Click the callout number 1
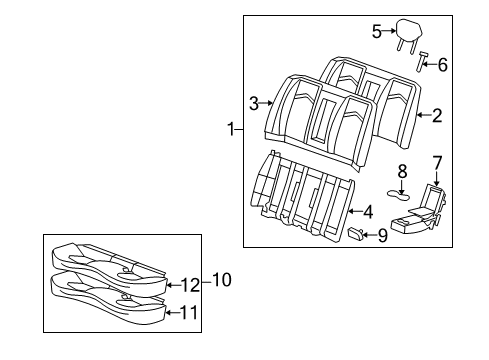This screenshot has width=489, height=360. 231,129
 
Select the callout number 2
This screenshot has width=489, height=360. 437,115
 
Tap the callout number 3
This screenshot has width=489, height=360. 253,101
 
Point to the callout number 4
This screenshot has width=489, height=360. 368,211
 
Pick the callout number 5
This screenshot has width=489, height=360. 377,31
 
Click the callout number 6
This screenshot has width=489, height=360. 443,65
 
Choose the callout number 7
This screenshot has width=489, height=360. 437,162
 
